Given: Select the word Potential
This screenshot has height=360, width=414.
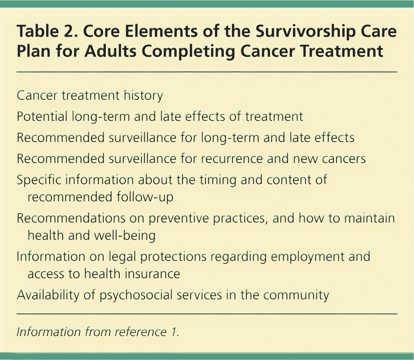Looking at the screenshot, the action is click(42, 116).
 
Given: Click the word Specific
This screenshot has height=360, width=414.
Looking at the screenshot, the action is click(39, 180).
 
